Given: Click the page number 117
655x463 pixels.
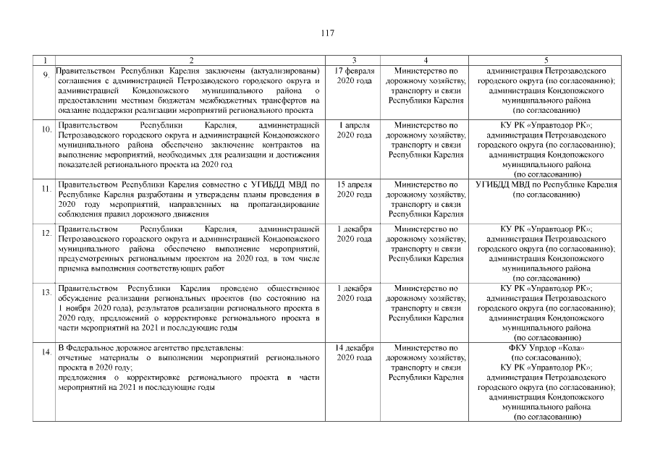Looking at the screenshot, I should click(x=326, y=33).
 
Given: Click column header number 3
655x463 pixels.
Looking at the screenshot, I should click(x=354, y=59).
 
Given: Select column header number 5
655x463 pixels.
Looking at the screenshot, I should click(x=546, y=59).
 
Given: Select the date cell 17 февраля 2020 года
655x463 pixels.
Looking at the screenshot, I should click(x=354, y=77).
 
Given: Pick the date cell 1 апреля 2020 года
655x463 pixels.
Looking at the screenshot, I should click(x=354, y=130).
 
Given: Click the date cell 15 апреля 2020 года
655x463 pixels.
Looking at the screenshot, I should click(x=354, y=190).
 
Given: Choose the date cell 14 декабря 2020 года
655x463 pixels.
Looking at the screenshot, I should click(x=354, y=353).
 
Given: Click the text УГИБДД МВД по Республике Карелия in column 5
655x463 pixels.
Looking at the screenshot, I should click(x=546, y=184).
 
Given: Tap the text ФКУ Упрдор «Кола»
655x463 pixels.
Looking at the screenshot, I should click(x=546, y=348).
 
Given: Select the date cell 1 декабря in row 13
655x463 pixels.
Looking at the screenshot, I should click(x=354, y=293).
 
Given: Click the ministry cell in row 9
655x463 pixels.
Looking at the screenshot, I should click(x=426, y=87).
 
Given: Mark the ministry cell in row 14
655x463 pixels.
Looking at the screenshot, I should click(x=426, y=363).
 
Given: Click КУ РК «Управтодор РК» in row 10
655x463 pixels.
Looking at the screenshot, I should click(x=546, y=125).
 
